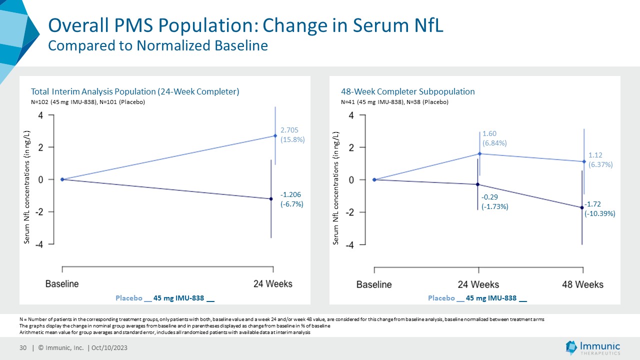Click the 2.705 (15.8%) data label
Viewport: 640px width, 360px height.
[292, 135]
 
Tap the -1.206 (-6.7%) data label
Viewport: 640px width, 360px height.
[292, 199]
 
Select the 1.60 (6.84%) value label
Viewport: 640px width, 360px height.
[494, 138]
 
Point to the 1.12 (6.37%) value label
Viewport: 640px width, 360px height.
[600, 160]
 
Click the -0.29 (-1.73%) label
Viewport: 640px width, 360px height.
[494, 202]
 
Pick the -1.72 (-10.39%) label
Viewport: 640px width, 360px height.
[600, 208]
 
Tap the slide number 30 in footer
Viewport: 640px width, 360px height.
[22, 348]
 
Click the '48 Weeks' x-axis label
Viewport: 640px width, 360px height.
[582, 284]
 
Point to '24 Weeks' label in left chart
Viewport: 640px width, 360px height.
[272, 283]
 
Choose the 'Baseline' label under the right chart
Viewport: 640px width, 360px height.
[374, 284]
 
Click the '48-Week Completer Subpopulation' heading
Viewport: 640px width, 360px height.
[408, 91]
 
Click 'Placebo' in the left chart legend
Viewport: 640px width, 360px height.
[128, 298]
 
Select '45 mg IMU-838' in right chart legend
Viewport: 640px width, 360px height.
[491, 298]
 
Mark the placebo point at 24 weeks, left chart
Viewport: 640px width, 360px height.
[275, 135]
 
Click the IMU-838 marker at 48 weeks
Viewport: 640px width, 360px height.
[582, 207]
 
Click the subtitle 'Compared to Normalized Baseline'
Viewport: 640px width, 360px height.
[157, 45]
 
